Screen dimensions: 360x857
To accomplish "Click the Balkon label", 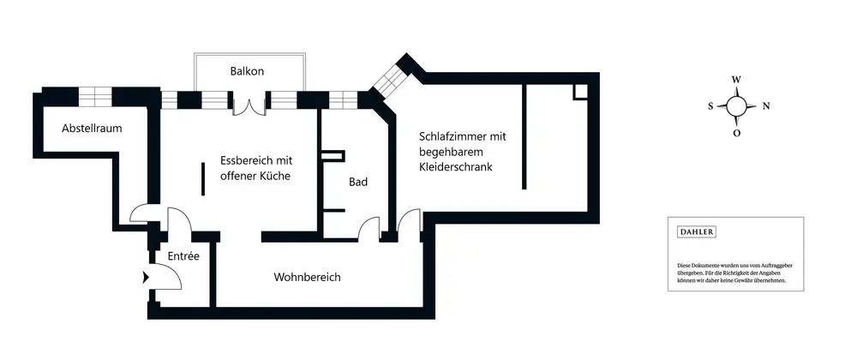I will [x=247, y=71].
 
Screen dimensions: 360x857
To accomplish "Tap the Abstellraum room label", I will [x=92, y=129].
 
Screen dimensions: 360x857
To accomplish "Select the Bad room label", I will [x=358, y=183].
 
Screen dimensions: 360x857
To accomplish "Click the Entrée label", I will [x=183, y=255].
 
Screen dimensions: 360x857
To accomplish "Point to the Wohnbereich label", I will [x=308, y=278].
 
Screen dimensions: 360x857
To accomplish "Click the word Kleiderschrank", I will [x=456, y=168].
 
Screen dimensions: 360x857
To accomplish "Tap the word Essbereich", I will [x=244, y=160].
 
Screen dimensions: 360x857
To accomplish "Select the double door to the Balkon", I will [x=249, y=105].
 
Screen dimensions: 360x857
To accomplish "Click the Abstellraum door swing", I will [x=139, y=214].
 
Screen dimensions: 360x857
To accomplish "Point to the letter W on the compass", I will [x=736, y=80].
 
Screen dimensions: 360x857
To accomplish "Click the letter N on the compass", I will [x=766, y=106].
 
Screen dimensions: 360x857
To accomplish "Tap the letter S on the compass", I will [x=710, y=106].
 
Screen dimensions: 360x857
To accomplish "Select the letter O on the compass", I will [x=736, y=133].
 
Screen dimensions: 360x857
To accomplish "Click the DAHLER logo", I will [x=696, y=231].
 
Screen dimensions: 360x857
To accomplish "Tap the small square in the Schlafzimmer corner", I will [x=580, y=89].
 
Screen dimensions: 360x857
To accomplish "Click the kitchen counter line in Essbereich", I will [x=202, y=178].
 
